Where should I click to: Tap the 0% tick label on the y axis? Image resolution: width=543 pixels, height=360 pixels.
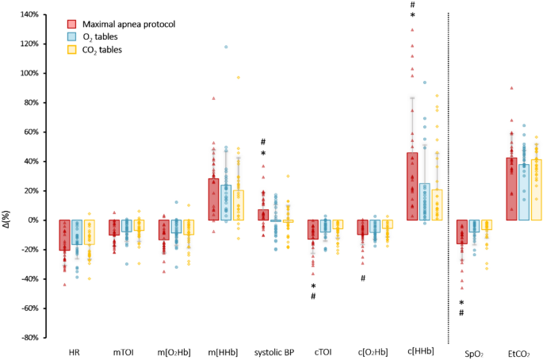(33, 220)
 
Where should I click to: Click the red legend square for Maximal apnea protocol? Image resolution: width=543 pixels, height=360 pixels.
(72, 25)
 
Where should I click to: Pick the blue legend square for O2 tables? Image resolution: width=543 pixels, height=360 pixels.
(72, 37)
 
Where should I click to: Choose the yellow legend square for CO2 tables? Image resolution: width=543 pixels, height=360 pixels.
(72, 50)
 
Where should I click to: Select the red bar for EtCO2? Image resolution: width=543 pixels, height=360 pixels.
(512, 189)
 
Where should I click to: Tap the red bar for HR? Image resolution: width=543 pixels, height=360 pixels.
(64, 235)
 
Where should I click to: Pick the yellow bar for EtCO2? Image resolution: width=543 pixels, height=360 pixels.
(537, 190)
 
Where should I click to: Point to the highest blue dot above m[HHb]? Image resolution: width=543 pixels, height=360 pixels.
(227, 47)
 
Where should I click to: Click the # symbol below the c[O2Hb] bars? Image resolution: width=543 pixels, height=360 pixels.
(362, 278)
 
